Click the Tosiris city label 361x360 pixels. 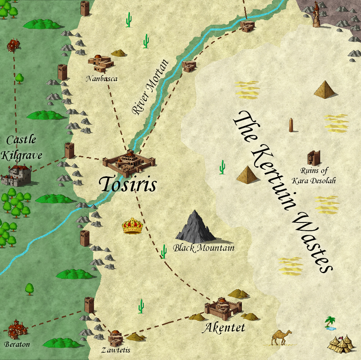point(128,185)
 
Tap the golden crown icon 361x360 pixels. point(132,226)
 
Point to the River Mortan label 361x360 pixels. point(150,87)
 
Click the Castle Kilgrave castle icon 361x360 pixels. point(16,175)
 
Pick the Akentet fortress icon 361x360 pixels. point(223,309)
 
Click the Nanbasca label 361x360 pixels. point(102,78)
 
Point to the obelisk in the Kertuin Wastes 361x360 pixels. point(291,125)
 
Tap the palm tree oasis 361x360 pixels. point(330,323)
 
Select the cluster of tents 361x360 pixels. point(342,343)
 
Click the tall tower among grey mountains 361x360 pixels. point(316,14)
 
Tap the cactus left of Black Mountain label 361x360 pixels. point(164,251)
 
